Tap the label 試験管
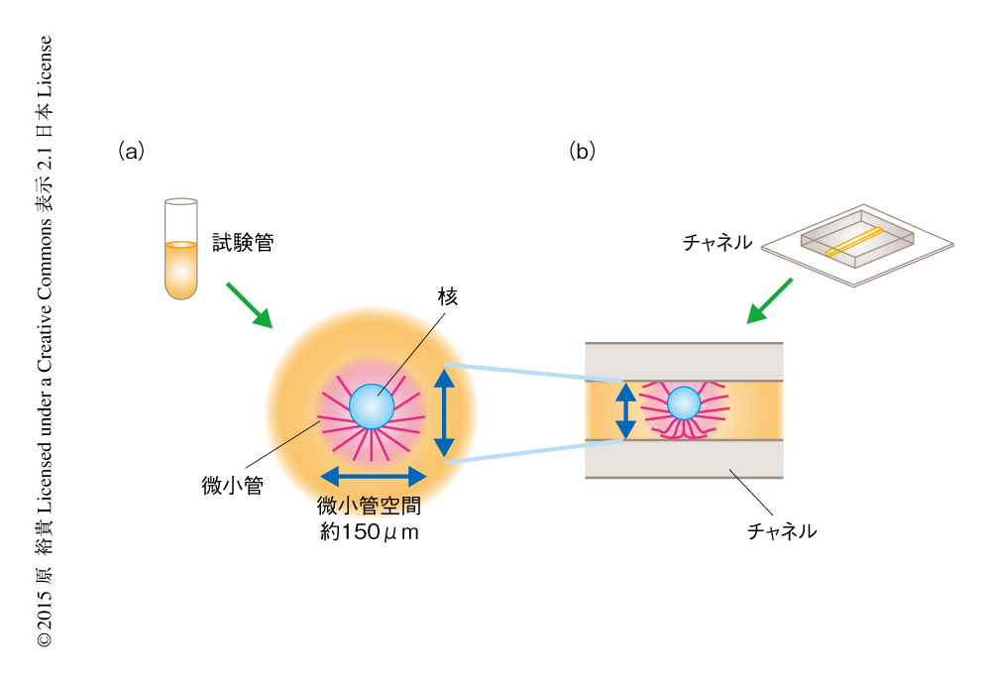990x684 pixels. (241, 241)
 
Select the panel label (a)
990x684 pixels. (131, 152)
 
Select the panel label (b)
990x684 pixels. (582, 152)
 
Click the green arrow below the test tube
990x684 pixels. (248, 304)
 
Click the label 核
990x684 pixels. (447, 296)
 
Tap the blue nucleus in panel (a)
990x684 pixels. (372, 406)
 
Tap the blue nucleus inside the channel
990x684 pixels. (684, 403)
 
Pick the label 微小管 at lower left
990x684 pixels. (231, 486)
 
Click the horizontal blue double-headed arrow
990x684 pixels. (372, 475)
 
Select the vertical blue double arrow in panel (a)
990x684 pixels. (446, 412)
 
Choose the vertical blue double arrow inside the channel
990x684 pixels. (625, 410)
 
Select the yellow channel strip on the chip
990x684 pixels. (853, 241)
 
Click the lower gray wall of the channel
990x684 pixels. (684, 459)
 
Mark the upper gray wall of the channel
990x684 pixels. (684, 362)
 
